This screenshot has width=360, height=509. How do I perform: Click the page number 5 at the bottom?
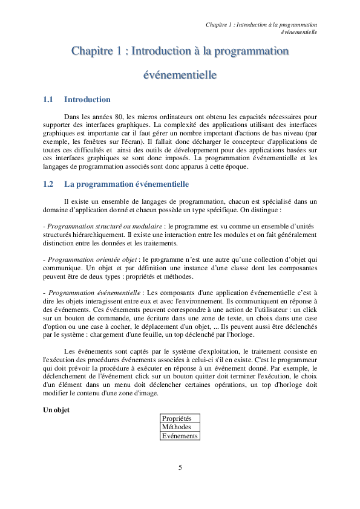(180, 467)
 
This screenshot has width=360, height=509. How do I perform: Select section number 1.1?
(48, 100)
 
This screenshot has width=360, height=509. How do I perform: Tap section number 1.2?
(48, 184)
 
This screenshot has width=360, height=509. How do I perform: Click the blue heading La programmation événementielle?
(126, 184)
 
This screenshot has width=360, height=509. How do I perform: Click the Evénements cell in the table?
(180, 436)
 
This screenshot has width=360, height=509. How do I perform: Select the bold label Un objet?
(56, 410)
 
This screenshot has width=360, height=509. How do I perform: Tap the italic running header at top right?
(261, 27)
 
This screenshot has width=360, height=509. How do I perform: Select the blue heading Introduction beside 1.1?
(87, 100)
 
